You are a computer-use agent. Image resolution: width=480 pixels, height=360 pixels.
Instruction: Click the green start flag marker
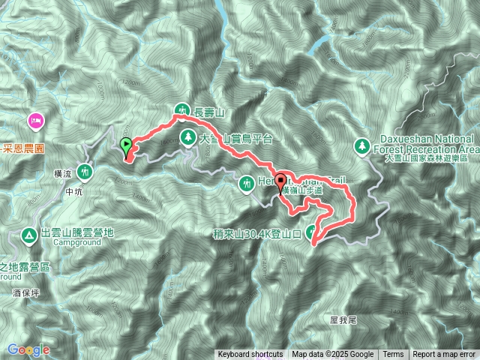pos(125,145)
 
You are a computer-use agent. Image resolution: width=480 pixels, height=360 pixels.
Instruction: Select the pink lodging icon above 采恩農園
pos(34,121)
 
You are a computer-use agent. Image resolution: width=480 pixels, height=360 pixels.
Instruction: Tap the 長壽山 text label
pos(210,112)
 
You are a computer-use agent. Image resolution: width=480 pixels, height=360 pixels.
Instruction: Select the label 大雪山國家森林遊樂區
pos(425,159)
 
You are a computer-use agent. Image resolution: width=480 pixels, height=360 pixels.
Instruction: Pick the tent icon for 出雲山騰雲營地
pos(29,234)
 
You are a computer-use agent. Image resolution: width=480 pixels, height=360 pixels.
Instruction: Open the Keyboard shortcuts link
pos(250,355)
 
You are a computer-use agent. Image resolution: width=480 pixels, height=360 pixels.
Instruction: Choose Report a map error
pos(445,355)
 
